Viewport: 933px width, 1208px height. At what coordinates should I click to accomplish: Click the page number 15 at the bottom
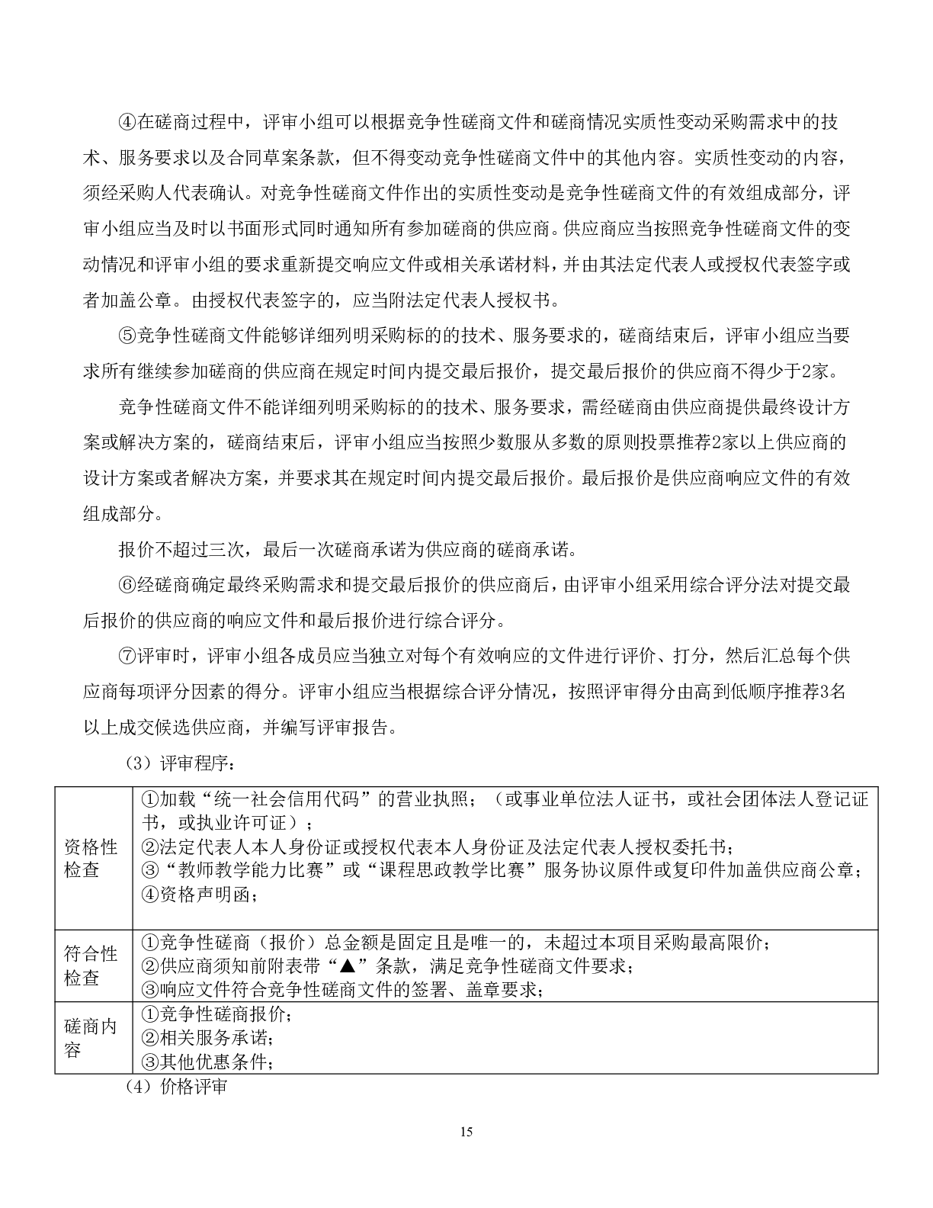point(466,1132)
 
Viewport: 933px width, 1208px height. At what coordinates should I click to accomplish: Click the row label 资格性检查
point(91,858)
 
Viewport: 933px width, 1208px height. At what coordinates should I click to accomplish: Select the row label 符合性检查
point(91,965)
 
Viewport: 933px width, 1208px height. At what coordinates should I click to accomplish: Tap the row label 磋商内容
point(91,1038)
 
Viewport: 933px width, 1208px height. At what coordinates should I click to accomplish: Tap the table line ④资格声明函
point(200,895)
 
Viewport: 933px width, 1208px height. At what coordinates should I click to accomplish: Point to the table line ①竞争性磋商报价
point(216,1014)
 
